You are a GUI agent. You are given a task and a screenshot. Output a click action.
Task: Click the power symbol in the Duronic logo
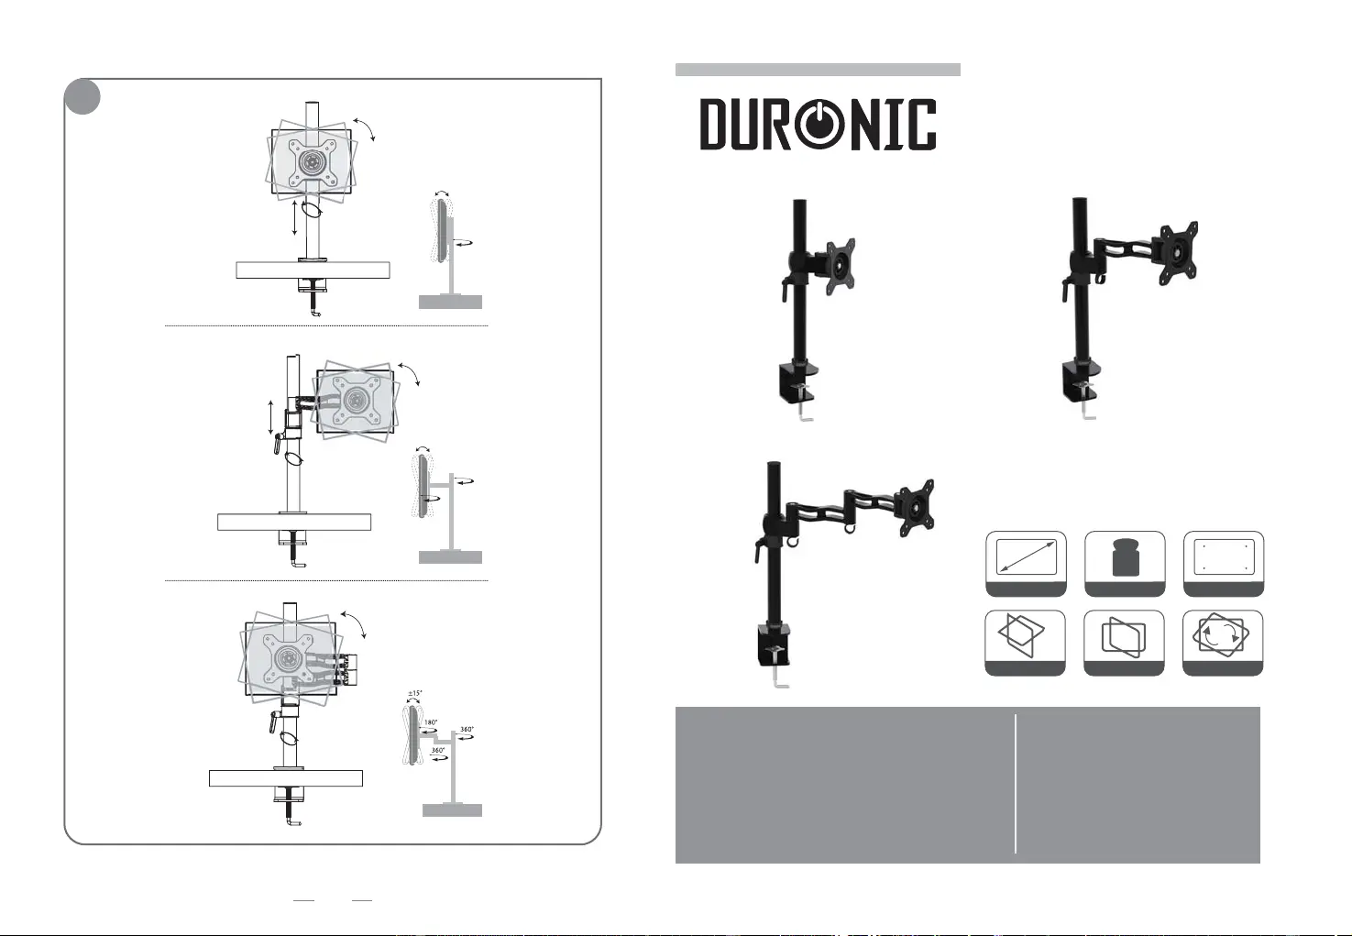click(818, 125)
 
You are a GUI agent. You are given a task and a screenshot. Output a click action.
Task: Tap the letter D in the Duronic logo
click(712, 125)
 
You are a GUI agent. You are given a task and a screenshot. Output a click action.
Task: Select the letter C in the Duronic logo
click(923, 125)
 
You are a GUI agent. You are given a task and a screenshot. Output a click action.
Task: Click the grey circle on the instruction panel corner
click(82, 96)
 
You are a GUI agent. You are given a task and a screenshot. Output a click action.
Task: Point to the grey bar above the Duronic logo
click(818, 70)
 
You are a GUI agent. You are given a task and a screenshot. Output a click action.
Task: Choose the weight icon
click(1125, 557)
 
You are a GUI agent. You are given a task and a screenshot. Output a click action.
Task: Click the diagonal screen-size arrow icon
click(1026, 557)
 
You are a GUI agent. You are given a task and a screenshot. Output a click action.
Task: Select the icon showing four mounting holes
click(1224, 557)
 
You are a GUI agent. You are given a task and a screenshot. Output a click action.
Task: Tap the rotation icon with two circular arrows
click(1222, 635)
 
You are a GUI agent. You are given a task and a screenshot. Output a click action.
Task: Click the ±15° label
click(415, 693)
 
